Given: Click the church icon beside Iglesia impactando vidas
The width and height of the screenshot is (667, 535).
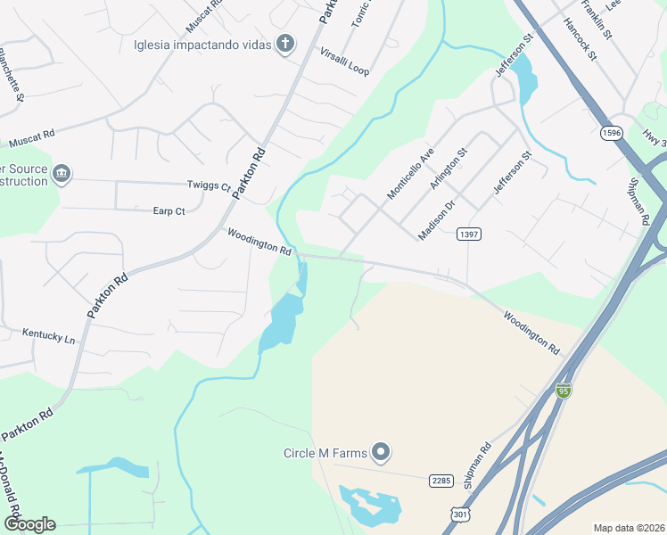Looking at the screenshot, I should (285, 44).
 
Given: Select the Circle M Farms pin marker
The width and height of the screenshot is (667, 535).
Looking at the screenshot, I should (382, 453).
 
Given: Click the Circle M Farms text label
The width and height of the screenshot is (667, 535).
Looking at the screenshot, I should (325, 453).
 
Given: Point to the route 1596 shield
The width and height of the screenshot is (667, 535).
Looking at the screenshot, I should (611, 133).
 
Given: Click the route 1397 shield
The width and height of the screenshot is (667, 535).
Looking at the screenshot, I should (469, 234).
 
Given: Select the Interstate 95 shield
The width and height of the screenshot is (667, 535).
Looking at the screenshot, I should (563, 391).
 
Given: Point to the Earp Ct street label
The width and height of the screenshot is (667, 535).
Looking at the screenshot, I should (169, 211).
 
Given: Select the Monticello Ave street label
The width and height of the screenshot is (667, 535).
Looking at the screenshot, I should (410, 173).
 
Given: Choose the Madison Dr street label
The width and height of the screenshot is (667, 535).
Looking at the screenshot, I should (438, 218).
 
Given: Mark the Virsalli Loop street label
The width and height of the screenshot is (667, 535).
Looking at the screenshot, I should (344, 61).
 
